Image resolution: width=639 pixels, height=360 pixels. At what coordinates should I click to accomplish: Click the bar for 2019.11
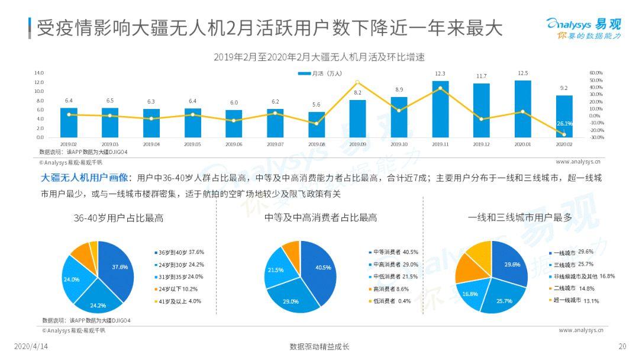point(440,109)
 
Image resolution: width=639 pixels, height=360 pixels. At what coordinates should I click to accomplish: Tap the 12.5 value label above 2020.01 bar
point(522,73)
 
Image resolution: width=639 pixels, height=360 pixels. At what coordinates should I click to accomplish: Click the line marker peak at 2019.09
point(357,82)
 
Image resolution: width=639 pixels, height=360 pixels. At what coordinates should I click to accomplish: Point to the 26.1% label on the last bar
point(564,124)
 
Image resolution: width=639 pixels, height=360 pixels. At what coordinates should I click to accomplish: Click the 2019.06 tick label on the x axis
point(234,144)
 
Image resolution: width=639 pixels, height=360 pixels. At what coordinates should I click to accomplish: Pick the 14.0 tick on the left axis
point(39,73)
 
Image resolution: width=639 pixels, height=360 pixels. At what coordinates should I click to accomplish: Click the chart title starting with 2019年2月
point(319,57)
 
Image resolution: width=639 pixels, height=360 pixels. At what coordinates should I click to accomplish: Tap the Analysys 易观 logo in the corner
point(583,28)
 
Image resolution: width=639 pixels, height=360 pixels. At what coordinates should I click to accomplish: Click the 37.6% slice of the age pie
point(117,269)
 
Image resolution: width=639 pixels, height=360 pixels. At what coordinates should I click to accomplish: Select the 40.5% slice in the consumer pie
point(319,269)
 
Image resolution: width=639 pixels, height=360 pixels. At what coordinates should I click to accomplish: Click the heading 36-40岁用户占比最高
point(118,218)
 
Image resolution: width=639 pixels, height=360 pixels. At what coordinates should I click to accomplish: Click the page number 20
point(622,346)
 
